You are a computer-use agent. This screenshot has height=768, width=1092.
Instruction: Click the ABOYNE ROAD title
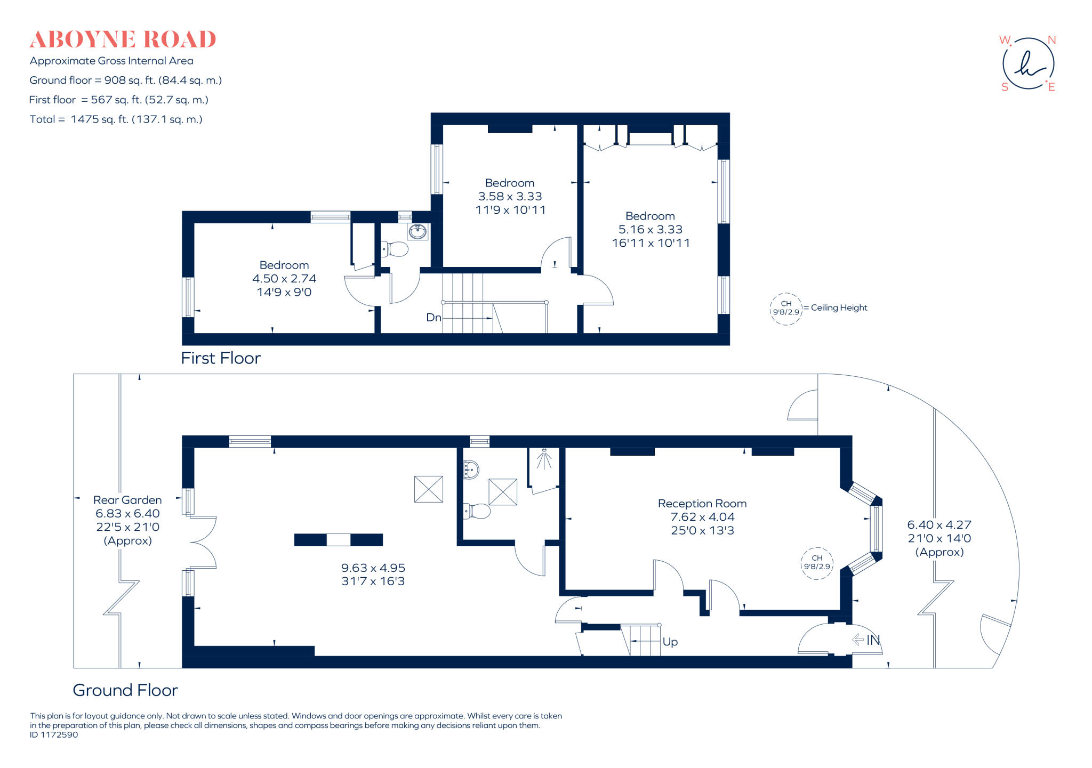(123, 39)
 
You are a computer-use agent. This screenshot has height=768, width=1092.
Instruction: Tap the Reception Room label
(702, 503)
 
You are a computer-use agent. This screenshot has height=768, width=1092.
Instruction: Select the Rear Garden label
(127, 500)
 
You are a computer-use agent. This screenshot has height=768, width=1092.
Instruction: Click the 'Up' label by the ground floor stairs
(670, 642)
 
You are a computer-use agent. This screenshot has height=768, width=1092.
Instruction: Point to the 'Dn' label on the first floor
(433, 318)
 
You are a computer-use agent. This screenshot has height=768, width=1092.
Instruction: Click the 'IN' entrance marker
(872, 640)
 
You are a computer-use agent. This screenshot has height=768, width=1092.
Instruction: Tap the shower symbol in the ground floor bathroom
(544, 459)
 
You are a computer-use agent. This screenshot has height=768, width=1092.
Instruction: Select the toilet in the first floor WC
(395, 249)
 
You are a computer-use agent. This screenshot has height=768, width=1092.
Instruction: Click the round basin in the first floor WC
(417, 232)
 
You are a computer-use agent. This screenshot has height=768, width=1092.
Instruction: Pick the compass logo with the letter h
(1028, 64)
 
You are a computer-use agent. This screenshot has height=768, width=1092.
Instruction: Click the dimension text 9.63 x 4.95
(373, 568)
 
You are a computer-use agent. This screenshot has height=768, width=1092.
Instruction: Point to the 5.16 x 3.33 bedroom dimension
(651, 229)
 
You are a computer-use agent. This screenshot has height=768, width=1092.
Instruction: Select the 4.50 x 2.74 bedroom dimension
(284, 278)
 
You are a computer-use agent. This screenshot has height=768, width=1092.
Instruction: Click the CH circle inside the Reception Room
(817, 562)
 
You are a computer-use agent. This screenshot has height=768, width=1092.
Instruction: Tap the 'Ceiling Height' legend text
(839, 308)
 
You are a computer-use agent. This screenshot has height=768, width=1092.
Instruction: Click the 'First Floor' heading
(221, 358)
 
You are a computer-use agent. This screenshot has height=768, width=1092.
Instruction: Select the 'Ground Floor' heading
(125, 690)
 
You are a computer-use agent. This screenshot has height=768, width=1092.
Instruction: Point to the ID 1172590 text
(54, 734)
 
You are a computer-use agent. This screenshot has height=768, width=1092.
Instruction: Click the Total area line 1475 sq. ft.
(116, 119)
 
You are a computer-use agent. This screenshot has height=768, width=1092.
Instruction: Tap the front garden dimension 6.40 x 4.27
(939, 524)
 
